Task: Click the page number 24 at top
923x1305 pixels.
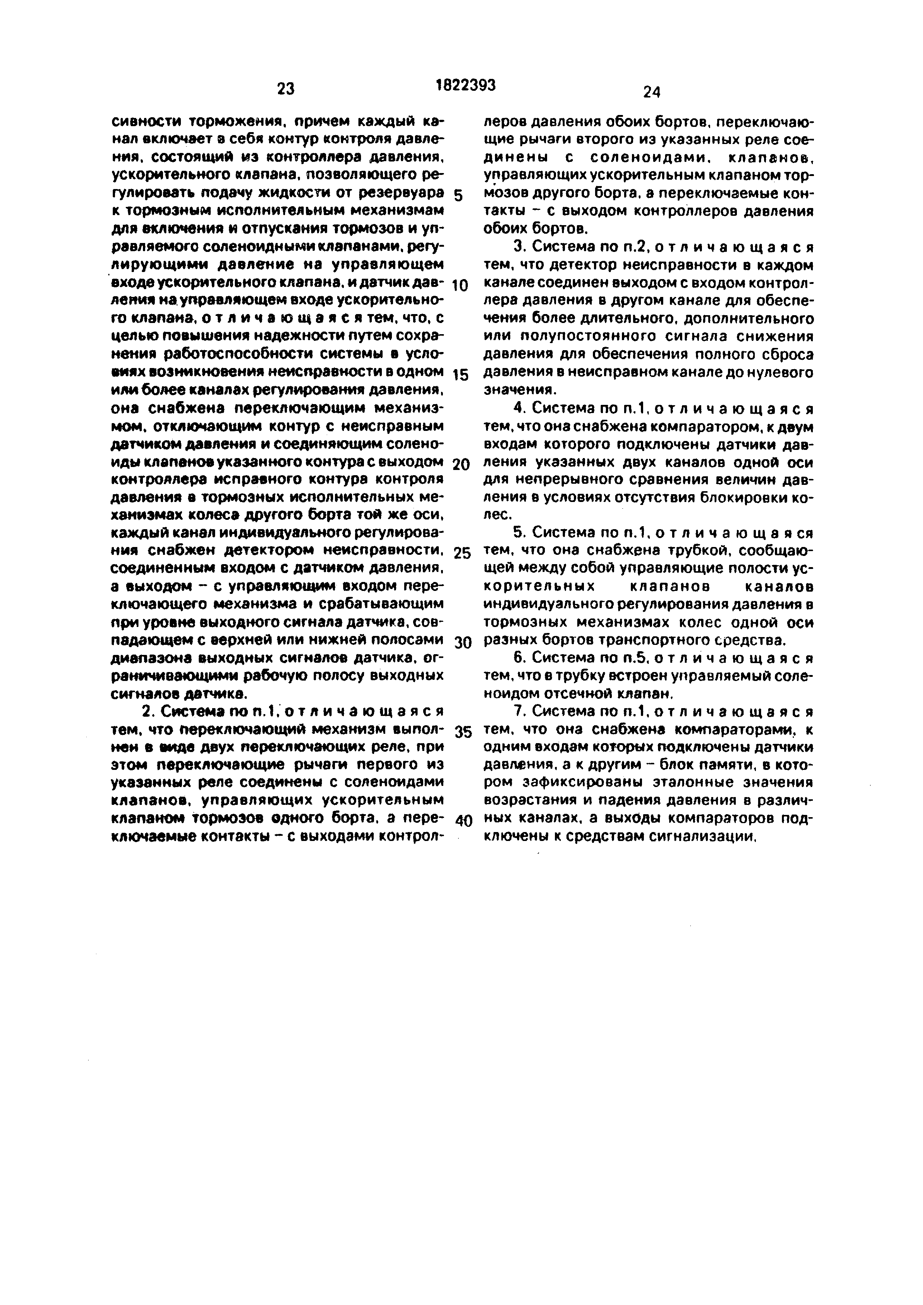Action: [651, 92]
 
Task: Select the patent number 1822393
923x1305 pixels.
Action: [466, 85]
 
